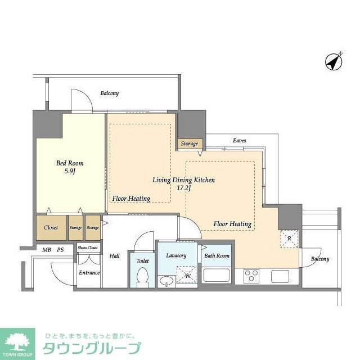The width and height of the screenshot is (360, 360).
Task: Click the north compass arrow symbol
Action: [x=334, y=61]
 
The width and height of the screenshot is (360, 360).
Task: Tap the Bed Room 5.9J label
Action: [x=70, y=167]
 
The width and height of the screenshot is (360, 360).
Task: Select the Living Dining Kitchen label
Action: [x=184, y=184]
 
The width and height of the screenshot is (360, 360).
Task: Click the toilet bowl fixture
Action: [x=143, y=277]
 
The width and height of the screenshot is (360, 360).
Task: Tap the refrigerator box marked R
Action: [x=289, y=238]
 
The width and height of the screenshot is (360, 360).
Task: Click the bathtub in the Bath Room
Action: [x=217, y=276]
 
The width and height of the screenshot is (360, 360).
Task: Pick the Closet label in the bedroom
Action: [x=51, y=228]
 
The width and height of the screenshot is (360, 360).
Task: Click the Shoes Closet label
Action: [x=87, y=247]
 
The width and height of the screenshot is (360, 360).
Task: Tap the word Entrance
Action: [x=88, y=273]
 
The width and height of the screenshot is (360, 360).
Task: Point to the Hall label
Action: [x=114, y=256]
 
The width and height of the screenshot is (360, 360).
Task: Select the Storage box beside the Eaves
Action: [x=190, y=143]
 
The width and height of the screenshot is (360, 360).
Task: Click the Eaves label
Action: [x=239, y=140]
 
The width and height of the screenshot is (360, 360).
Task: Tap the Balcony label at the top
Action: [x=110, y=93]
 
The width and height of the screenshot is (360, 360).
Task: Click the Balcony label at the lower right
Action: [x=320, y=259]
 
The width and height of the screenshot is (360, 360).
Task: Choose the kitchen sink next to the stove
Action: [x=280, y=276]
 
